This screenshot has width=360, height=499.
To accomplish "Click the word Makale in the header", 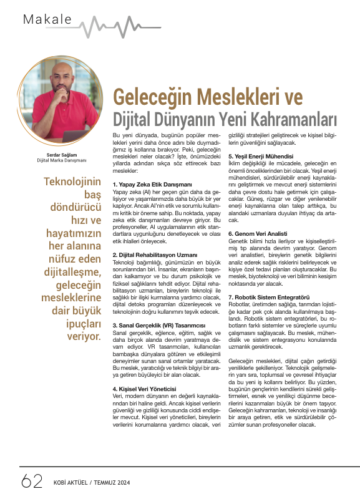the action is [x=47, y=19].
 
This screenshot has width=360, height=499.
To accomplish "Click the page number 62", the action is [x=31, y=482].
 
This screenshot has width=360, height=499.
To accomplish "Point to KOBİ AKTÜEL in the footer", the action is [x=70, y=483].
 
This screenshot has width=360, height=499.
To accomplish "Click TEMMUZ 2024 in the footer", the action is [x=115, y=483].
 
